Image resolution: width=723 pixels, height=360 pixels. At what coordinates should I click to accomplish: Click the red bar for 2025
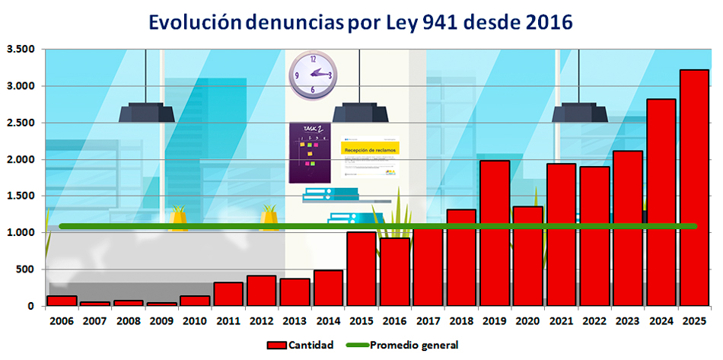(693, 187)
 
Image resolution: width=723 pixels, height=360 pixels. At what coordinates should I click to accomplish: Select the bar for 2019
(495, 233)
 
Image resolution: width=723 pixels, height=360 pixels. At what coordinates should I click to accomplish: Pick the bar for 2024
(661, 202)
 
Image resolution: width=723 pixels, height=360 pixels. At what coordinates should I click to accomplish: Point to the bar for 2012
(261, 291)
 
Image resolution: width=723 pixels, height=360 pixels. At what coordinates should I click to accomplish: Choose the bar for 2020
(527, 256)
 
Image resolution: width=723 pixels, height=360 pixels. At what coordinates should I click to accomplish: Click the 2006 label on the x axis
(62, 322)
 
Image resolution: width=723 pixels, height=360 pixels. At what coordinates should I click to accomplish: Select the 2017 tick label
(428, 322)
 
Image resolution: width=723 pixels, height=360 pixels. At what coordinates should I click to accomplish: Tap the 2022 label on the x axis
(594, 322)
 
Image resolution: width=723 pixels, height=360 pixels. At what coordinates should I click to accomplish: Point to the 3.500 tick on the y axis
(21, 49)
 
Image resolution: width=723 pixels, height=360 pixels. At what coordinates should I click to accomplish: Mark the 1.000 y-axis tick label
(21, 233)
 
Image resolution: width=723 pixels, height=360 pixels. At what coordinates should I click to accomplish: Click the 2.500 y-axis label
(21, 123)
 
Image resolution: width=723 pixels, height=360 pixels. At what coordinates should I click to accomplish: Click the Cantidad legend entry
(300, 346)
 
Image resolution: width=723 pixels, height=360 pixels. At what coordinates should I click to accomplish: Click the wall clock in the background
(312, 74)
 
